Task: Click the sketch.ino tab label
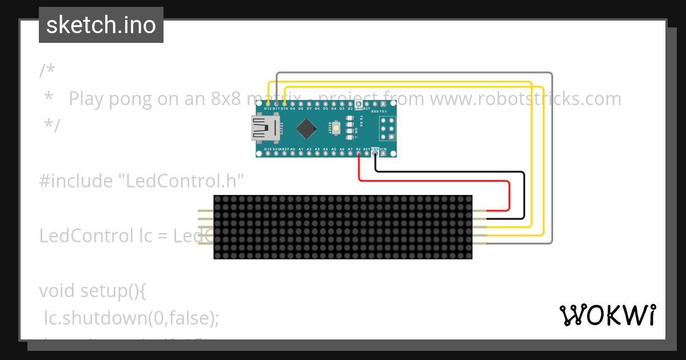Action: [x=101, y=25]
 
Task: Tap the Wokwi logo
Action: [x=607, y=315]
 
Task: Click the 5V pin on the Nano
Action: [x=358, y=153]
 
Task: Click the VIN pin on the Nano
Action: [x=384, y=153]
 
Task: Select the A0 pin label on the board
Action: [x=293, y=150]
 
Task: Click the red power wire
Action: [x=434, y=181]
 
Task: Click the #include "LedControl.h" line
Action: [x=142, y=181]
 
